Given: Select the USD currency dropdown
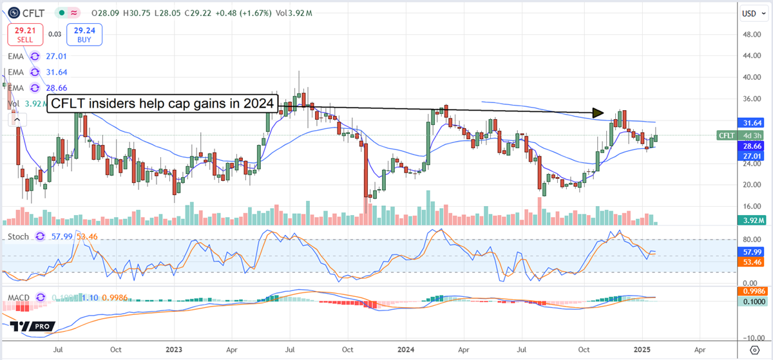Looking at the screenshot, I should point(750,13).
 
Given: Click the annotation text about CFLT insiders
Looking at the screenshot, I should point(163,104).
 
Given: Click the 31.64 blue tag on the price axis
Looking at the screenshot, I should point(750,122).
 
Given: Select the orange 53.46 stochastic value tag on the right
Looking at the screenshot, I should point(750,263).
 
